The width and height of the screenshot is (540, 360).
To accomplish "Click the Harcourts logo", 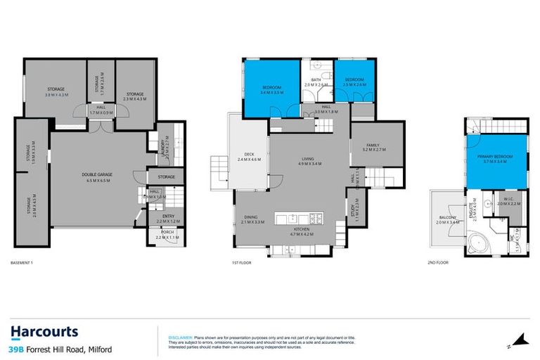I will [44, 331].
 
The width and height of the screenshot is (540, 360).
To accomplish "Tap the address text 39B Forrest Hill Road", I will [60, 349].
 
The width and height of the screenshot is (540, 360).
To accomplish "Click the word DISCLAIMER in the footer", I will [181, 337].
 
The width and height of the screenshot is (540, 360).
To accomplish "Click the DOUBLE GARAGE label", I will [97, 176].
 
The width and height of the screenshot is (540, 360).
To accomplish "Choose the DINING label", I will [250, 217].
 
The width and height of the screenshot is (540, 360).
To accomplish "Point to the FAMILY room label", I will [371, 145].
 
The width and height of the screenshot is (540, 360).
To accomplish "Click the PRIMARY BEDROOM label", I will [494, 155].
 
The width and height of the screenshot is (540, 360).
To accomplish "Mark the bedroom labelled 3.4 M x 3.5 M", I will [271, 88].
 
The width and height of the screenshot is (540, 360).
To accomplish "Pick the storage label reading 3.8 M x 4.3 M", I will [56, 89].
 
